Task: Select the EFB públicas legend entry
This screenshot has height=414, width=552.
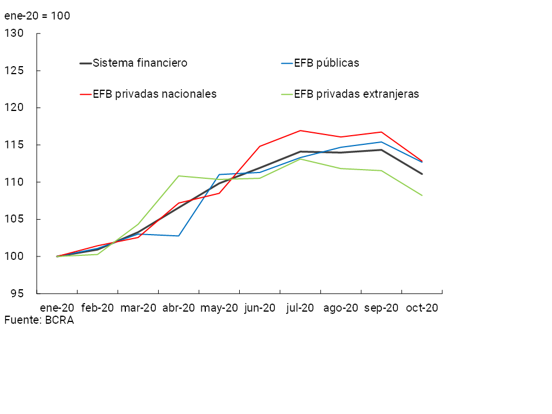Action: coord(326,63)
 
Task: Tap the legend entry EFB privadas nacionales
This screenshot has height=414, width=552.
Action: coord(154,94)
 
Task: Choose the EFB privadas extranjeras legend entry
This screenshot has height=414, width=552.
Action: coord(356,94)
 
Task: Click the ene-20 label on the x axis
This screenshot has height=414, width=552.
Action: coord(57,308)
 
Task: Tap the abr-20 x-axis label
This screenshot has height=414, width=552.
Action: coord(179,308)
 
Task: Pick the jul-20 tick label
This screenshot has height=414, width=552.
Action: coord(300,308)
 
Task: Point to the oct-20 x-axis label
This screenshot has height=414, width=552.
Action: coord(422,308)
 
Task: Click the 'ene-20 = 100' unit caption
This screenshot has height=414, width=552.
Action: coord(37,16)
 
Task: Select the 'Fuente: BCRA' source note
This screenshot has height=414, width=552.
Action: coord(39,320)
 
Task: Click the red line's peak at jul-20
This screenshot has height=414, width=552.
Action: coord(300,131)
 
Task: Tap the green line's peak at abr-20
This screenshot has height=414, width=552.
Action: coord(179,176)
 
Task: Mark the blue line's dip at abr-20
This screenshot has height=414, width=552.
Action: coord(179,236)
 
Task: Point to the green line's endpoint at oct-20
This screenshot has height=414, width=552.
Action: coord(422,195)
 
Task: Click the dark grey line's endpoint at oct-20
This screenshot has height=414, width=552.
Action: coord(422,174)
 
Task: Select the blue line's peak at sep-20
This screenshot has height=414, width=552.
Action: coord(381,142)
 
